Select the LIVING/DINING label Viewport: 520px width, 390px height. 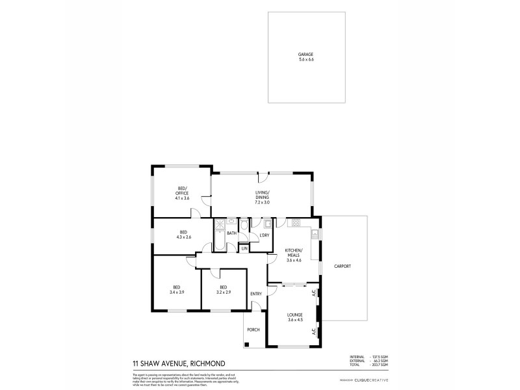262,194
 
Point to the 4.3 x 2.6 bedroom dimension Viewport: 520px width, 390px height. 183,237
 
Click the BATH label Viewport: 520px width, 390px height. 231,233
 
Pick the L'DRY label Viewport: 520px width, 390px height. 264,235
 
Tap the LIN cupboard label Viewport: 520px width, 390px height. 244,248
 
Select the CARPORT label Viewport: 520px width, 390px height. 343,266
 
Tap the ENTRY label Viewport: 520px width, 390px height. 256,294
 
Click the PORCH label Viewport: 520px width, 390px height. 253,330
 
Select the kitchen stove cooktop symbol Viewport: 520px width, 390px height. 296,224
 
